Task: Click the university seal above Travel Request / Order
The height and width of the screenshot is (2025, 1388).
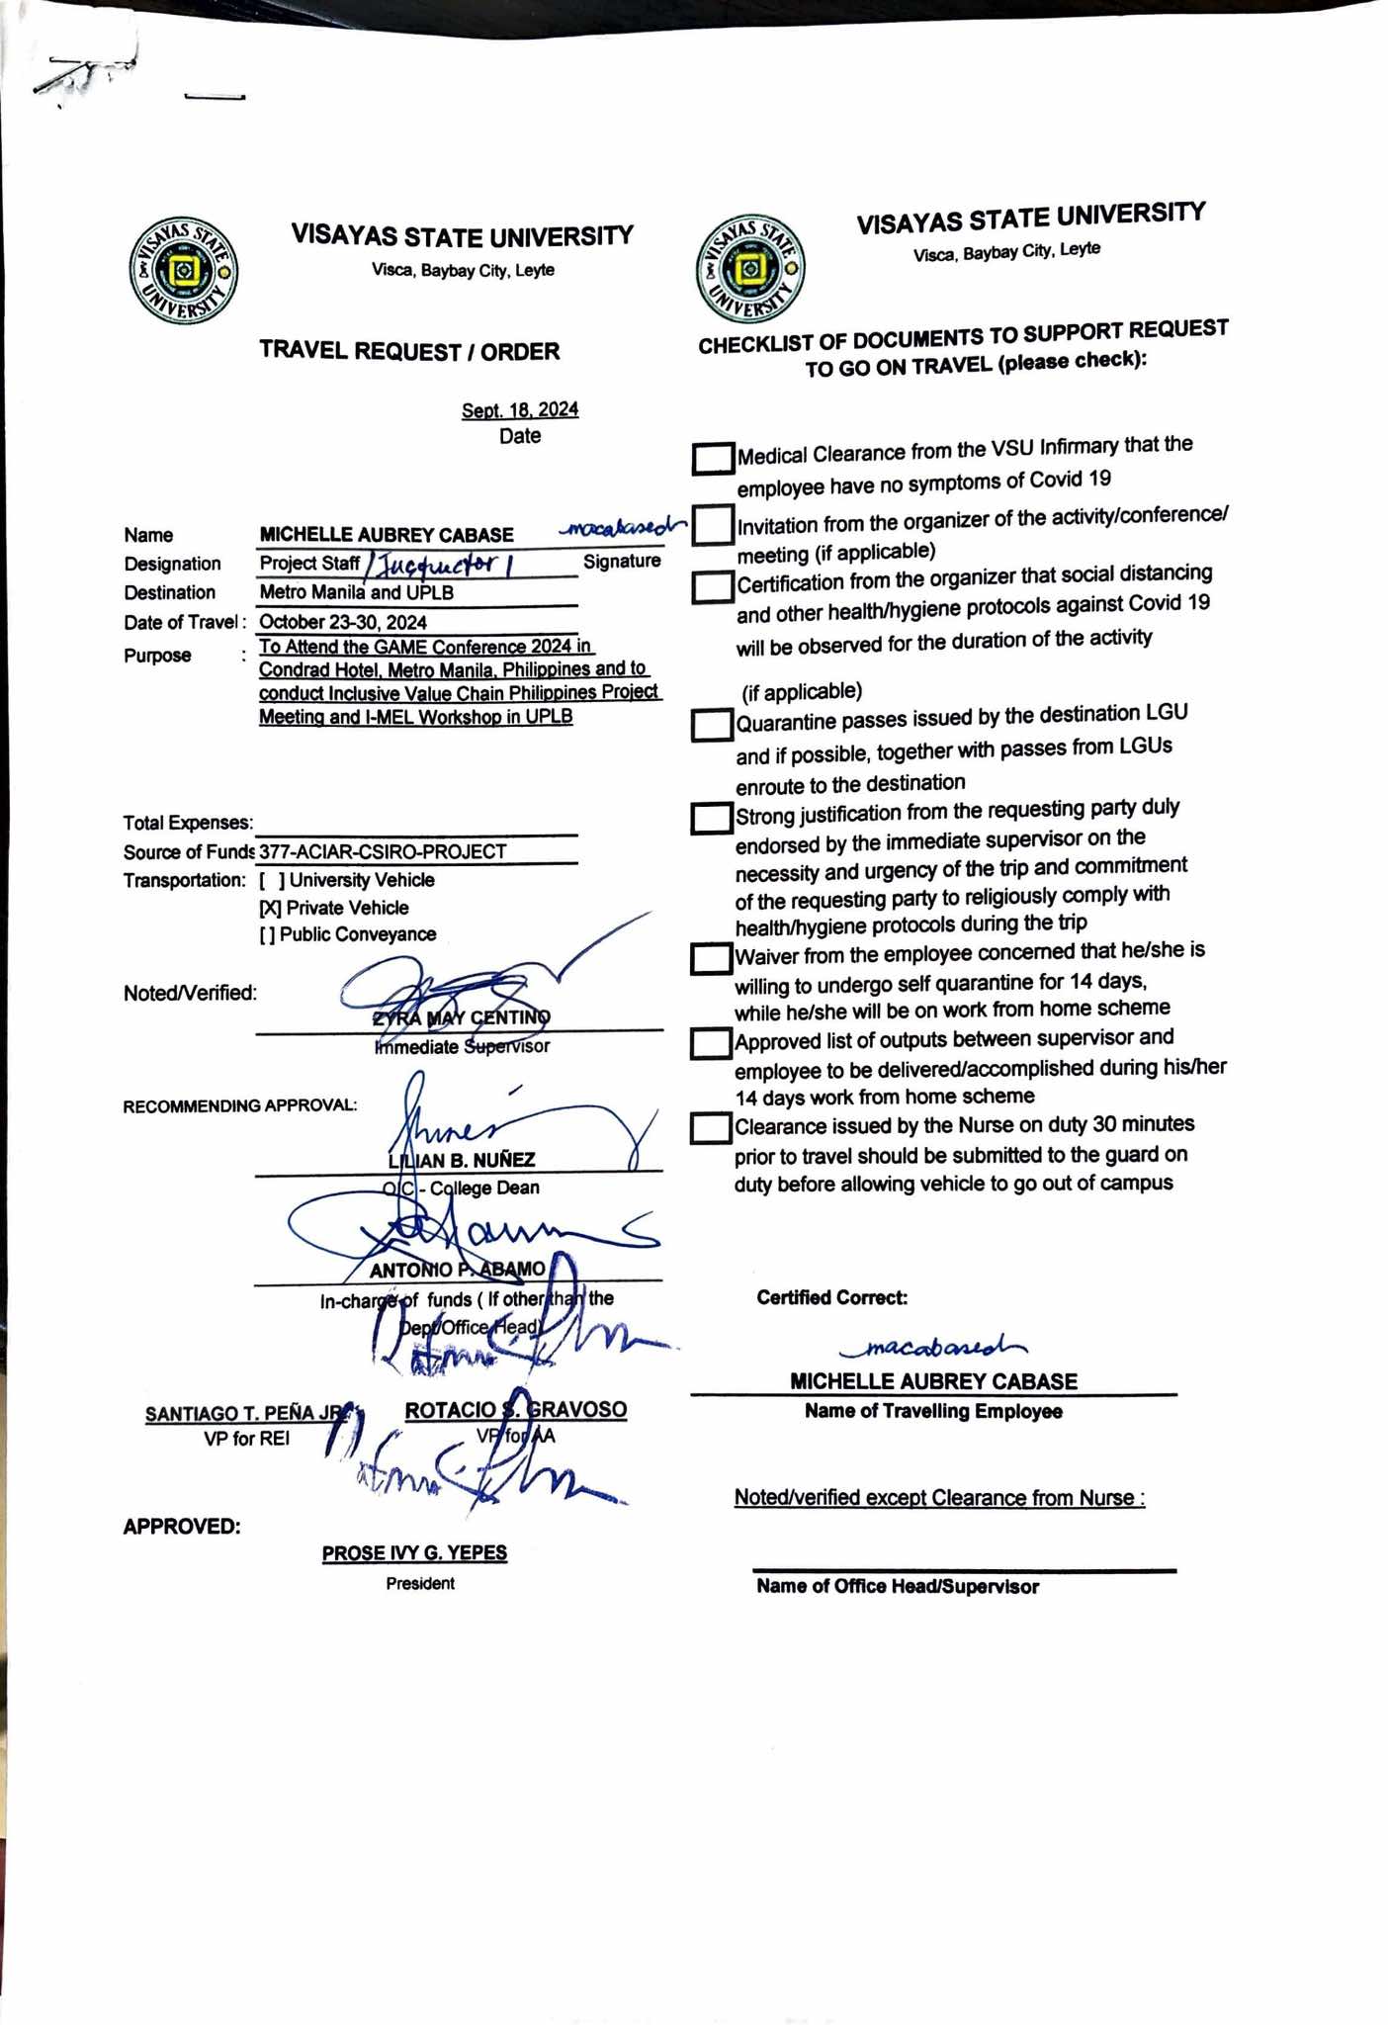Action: tap(183, 270)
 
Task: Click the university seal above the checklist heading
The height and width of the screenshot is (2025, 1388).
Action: tap(750, 268)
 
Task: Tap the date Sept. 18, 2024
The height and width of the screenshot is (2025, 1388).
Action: tap(520, 410)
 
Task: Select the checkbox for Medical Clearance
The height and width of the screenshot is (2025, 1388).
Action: tap(713, 459)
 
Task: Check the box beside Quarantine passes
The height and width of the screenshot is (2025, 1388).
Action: tap(711, 726)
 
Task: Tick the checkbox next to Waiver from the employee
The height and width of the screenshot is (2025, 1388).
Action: tap(710, 958)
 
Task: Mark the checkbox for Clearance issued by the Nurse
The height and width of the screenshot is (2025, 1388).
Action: tap(710, 1128)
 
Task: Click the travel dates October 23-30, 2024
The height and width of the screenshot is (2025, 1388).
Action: tap(343, 622)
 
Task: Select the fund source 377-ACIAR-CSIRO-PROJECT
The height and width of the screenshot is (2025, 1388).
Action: tap(383, 851)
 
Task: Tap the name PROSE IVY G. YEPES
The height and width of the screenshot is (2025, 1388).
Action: tap(414, 1553)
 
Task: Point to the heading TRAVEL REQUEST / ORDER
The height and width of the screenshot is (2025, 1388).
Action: tap(409, 351)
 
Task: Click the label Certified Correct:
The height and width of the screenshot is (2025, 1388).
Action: tap(832, 1297)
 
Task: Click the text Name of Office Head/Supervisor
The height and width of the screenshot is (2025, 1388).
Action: tap(898, 1587)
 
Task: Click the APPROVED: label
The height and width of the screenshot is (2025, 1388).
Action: tap(182, 1527)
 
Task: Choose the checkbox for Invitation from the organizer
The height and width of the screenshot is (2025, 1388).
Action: tap(712, 525)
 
